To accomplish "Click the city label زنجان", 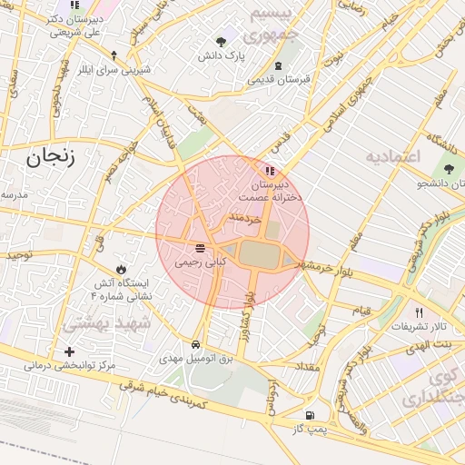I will click(48, 158).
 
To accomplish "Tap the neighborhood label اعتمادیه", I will click(393, 156).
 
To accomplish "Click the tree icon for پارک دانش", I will click(223, 41).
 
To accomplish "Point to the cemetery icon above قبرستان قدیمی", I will click(279, 65).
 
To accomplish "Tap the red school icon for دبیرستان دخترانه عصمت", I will click(269, 171).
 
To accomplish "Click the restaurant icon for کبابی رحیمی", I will click(199, 249).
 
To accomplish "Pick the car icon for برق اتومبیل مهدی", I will click(196, 345).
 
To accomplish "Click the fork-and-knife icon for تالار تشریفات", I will click(419, 312).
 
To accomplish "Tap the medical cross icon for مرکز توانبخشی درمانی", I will click(70, 351).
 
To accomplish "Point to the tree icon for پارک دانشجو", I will click(448, 170).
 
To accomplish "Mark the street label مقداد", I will click(305, 365).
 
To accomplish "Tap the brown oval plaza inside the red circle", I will click(261, 255).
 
